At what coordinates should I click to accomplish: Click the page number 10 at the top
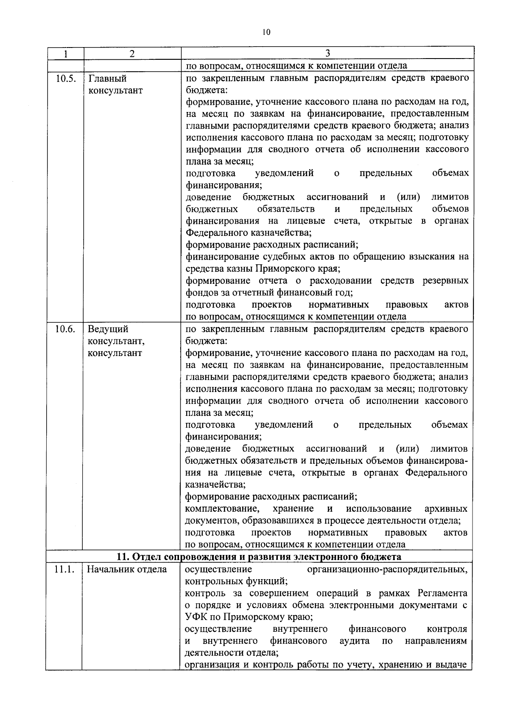(x=266, y=32)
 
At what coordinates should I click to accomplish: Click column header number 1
(x=65, y=53)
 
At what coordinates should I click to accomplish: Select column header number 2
(x=132, y=53)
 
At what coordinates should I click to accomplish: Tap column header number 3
(x=327, y=53)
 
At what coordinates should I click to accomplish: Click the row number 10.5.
(x=65, y=78)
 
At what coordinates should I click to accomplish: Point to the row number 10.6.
(x=65, y=329)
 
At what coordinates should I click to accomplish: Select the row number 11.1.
(x=64, y=569)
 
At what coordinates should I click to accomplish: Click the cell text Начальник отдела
(x=127, y=569)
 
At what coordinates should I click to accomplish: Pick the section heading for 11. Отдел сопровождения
(x=259, y=557)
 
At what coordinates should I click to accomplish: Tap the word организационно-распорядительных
(x=387, y=569)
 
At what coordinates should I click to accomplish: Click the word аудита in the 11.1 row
(x=355, y=641)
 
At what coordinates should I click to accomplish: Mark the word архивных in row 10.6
(x=446, y=509)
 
